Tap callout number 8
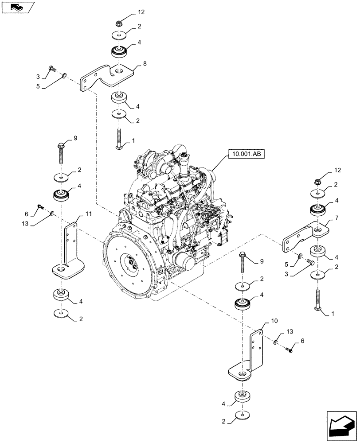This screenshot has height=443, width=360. click(145, 64)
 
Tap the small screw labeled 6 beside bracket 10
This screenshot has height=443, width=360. click(290, 349)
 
